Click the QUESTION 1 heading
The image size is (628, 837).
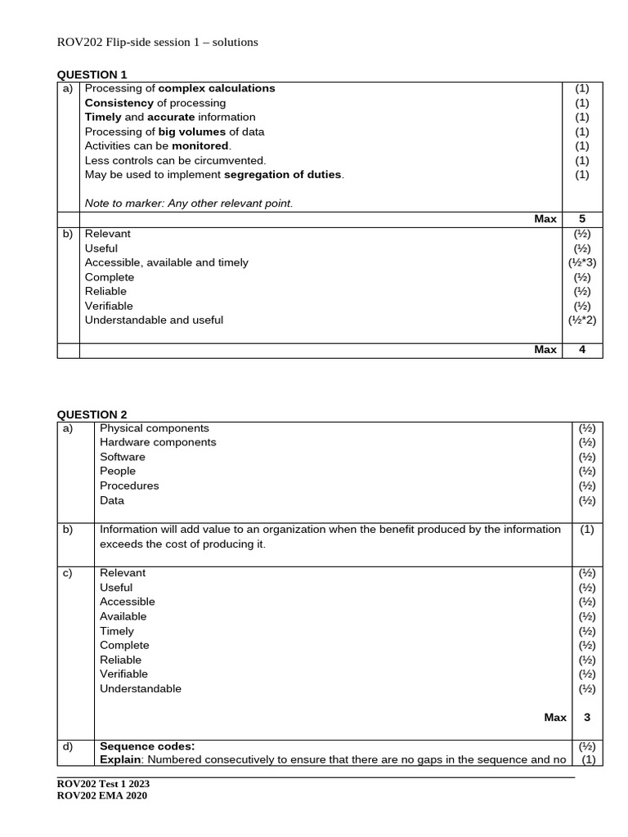[92, 74]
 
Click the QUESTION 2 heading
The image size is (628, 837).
[92, 414]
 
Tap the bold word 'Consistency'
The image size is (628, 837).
[119, 103]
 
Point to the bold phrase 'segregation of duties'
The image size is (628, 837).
[283, 174]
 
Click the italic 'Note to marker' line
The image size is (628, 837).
[188, 203]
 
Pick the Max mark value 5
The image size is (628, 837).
[582, 219]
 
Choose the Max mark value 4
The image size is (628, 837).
[582, 350]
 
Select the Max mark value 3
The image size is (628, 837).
[586, 717]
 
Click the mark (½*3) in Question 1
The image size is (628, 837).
[582, 262]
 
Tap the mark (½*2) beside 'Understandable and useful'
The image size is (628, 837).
[582, 320]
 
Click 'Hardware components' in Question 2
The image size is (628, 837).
[158, 442]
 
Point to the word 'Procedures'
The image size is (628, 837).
[129, 486]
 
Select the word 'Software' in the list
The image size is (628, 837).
[123, 457]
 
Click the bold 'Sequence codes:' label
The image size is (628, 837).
[147, 745]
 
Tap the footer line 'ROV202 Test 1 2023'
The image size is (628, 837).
[103, 784]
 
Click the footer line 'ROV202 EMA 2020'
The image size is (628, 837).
[101, 796]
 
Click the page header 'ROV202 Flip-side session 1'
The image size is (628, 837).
[157, 42]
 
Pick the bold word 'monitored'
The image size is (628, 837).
[200, 145]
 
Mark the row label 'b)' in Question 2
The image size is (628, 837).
[68, 530]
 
